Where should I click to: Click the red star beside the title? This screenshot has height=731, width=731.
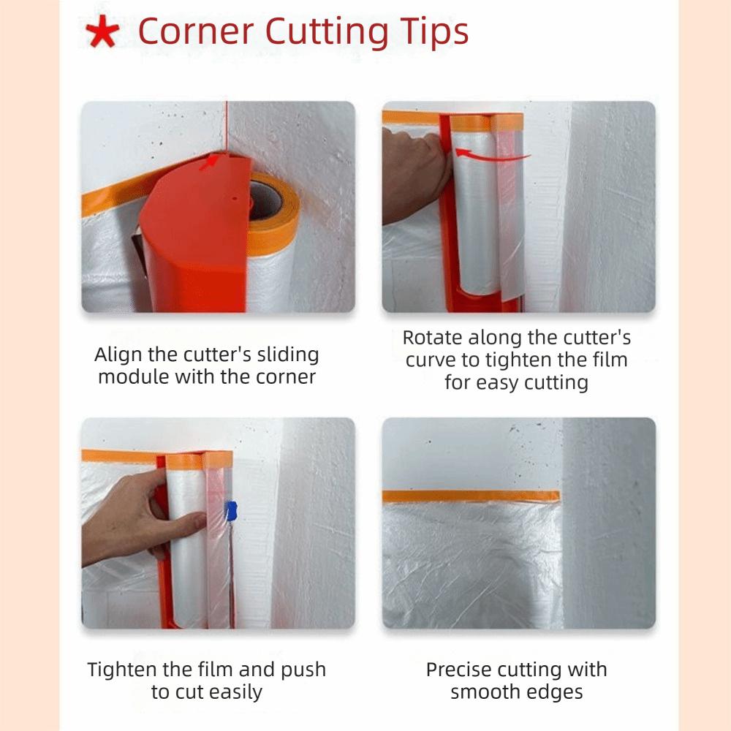(x=102, y=31)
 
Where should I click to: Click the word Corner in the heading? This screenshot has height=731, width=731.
(x=195, y=31)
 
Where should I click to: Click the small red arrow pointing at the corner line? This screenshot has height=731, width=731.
(x=209, y=162)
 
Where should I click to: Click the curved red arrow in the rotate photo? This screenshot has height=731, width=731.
(x=491, y=155)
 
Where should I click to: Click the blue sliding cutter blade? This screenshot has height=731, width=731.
(x=231, y=510)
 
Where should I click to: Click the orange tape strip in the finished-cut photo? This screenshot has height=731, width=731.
(x=471, y=496)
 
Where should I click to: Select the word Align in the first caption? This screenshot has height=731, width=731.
(x=118, y=355)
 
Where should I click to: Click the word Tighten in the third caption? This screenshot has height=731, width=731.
(x=123, y=670)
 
